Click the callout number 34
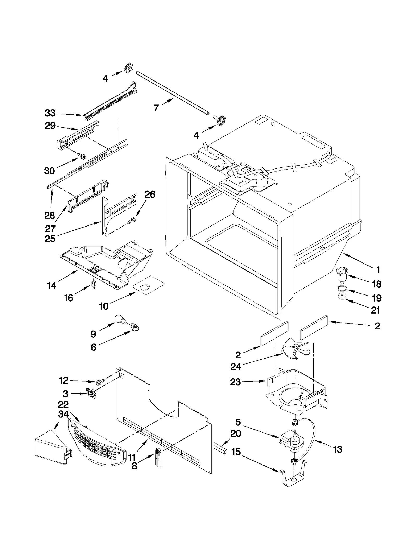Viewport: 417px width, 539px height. (x=63, y=414)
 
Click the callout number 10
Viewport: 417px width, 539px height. (x=103, y=306)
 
